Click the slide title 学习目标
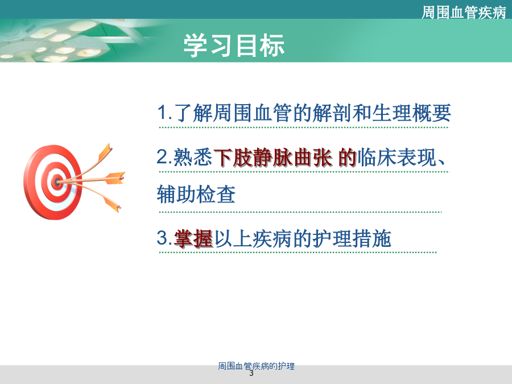(234, 46)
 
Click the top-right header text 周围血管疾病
(464, 13)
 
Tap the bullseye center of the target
(57, 181)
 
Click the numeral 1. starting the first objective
(165, 112)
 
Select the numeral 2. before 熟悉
(164, 156)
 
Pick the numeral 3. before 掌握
(164, 237)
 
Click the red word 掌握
(193, 238)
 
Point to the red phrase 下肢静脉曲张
(273, 158)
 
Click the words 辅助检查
(196, 195)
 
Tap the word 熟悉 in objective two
(193, 158)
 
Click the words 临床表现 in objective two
(397, 158)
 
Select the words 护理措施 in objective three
(352, 238)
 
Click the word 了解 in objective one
(193, 113)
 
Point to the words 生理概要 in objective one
(411, 113)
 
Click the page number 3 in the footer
(251, 373)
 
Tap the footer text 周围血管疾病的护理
(257, 366)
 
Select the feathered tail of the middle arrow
(114, 178)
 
